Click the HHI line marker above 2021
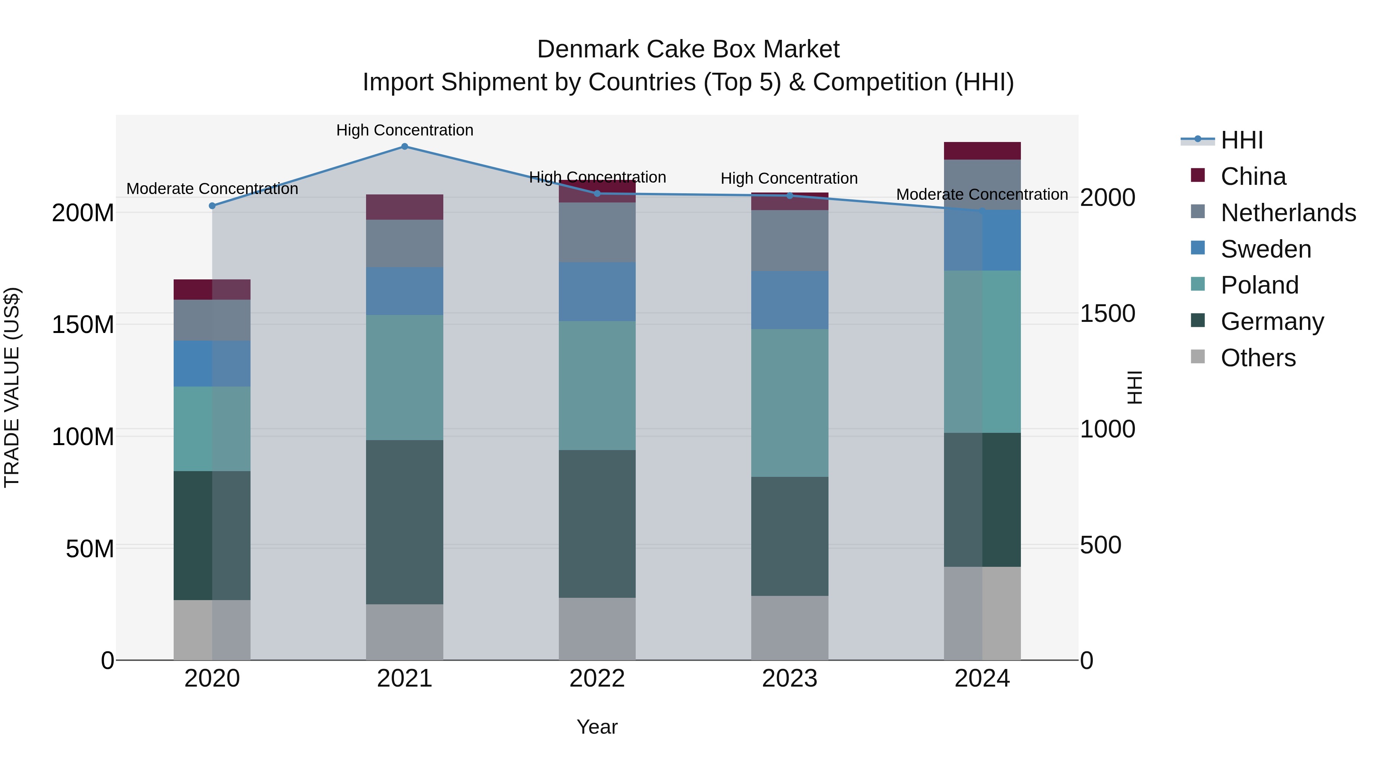coord(405,147)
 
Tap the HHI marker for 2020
coord(212,206)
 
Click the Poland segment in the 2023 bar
coord(789,402)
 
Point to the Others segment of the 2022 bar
coord(597,628)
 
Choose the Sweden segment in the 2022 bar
coord(597,292)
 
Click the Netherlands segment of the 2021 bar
coord(405,243)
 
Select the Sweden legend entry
coord(1265,249)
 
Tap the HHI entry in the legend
coord(1242,140)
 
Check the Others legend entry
coord(1258,358)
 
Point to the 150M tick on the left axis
coord(83,325)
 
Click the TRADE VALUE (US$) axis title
coord(12,387)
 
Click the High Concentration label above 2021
coord(405,130)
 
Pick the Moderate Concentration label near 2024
coord(982,195)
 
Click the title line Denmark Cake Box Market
coord(688,49)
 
